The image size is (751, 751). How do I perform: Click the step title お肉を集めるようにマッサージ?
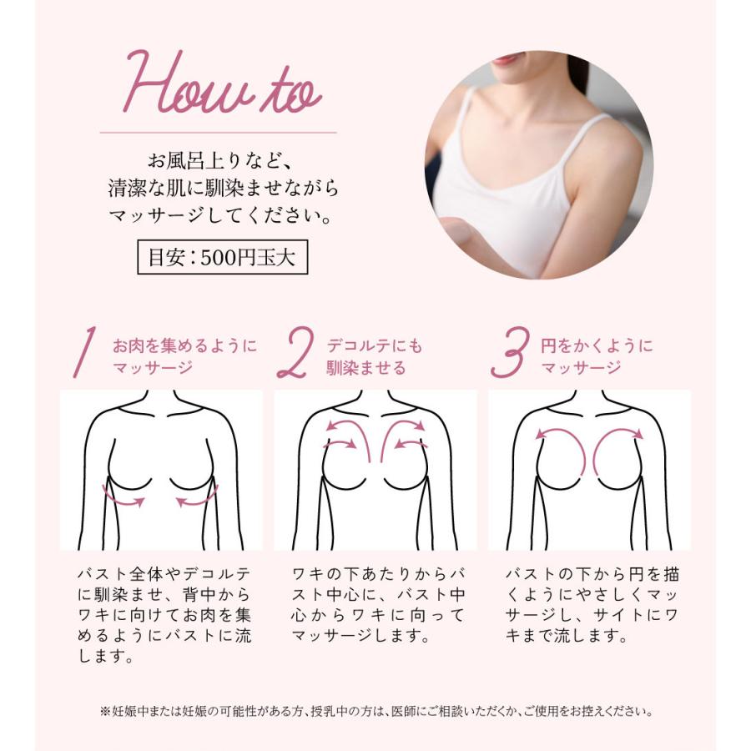(184, 356)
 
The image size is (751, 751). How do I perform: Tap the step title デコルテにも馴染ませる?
(374, 356)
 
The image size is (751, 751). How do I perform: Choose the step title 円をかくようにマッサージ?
(596, 356)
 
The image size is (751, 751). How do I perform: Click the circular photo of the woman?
(538, 165)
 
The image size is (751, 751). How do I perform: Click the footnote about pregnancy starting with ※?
(375, 712)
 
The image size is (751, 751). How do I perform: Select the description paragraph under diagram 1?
(164, 615)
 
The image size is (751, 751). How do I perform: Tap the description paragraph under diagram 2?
(377, 605)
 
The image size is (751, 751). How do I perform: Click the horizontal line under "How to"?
(218, 133)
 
